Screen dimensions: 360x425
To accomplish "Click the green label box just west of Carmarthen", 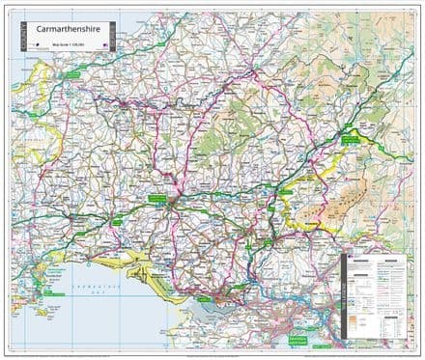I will click(x=155, y=197).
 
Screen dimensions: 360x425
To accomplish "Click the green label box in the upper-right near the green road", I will click(x=353, y=140).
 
